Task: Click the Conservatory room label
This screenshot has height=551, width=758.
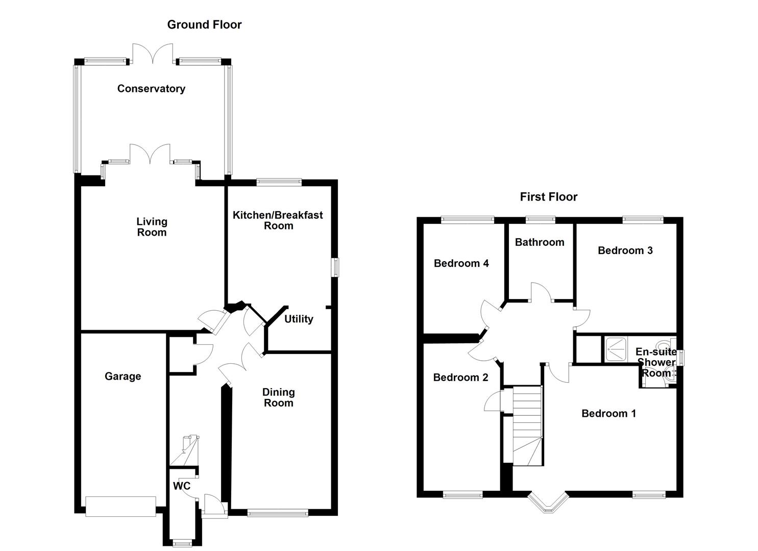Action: (x=151, y=89)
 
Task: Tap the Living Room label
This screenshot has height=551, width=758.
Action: (x=152, y=227)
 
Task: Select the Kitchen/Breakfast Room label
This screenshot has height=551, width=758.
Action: (x=278, y=220)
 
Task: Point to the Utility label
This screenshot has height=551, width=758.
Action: (x=299, y=319)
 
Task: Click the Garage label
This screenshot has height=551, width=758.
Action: (x=123, y=377)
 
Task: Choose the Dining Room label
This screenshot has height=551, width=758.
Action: (x=278, y=397)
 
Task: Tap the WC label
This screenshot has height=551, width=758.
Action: (x=181, y=486)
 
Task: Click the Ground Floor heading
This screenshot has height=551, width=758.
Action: (x=204, y=24)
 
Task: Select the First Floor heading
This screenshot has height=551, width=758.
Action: (x=548, y=197)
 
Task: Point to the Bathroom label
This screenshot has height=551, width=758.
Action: (x=540, y=242)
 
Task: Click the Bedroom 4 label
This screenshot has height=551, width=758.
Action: (x=461, y=263)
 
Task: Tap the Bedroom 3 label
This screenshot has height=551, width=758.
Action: (x=625, y=251)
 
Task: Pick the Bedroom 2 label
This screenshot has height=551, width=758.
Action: (x=460, y=378)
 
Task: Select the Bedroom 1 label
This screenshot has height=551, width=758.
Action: (x=608, y=413)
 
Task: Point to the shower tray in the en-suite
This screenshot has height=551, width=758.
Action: (x=618, y=349)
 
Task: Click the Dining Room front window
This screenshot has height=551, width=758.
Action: (x=278, y=513)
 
